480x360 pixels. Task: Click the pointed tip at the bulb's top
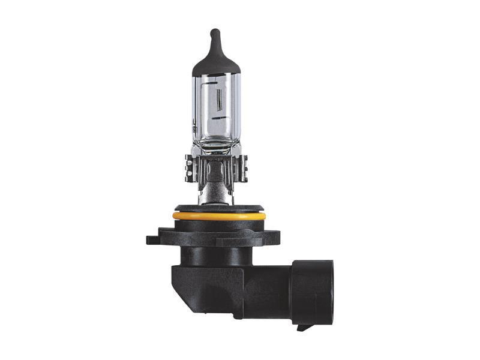pyautogui.click(x=215, y=31)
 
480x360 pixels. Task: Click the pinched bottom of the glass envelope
pyautogui.click(x=217, y=147)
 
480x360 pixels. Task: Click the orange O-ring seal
pyautogui.click(x=218, y=215)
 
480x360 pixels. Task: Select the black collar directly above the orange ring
pyautogui.click(x=218, y=209)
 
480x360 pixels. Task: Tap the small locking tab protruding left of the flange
pyautogui.click(x=152, y=239)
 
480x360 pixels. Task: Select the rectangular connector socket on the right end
pyautogui.click(x=311, y=292)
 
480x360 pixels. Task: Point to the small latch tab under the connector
pyautogui.click(x=305, y=328)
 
